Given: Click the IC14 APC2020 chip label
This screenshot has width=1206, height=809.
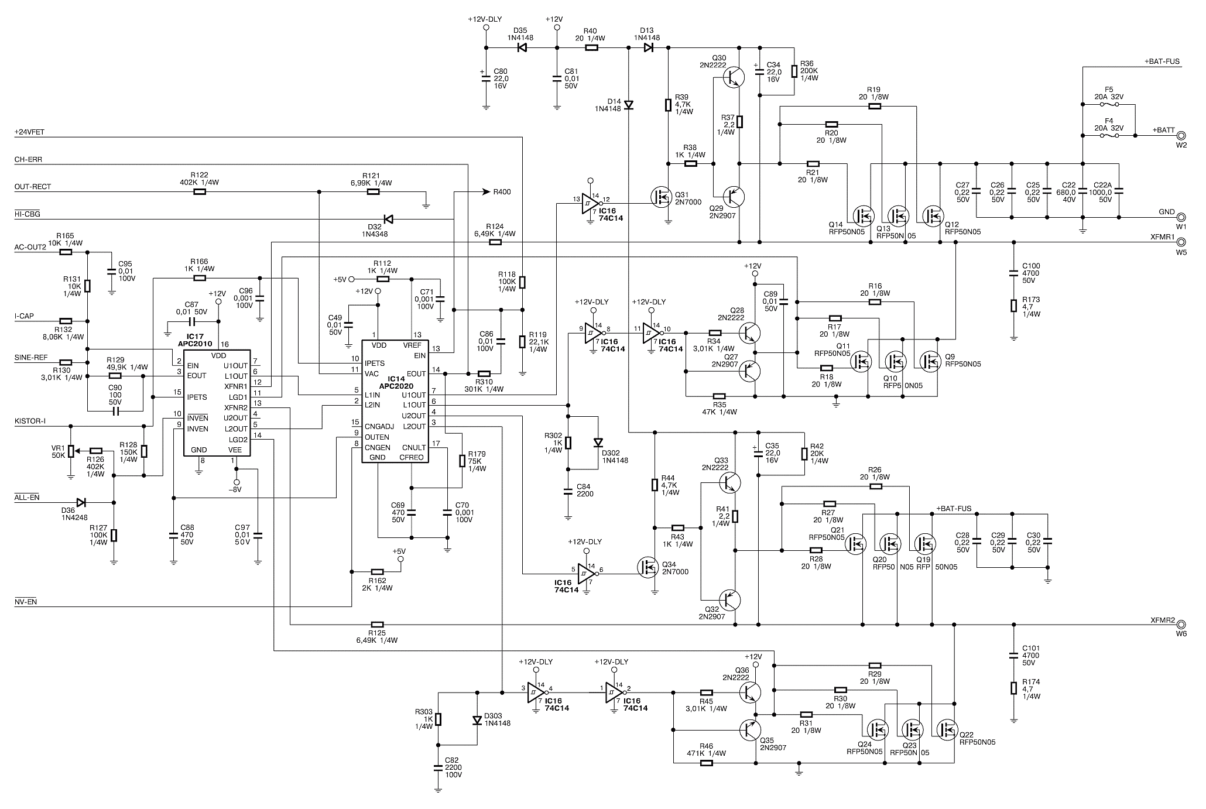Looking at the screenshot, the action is coord(396,383).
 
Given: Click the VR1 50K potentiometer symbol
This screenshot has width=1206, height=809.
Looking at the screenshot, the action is coord(71,451).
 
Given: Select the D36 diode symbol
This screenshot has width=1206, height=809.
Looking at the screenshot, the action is coord(81,502).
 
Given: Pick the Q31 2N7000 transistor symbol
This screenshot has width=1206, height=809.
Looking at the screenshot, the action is coord(663,197).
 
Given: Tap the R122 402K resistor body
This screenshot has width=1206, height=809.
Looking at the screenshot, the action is coord(200,191).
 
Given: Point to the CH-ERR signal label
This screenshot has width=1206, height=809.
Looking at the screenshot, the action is coord(28,159).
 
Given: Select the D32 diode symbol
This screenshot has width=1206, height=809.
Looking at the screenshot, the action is coord(388,220).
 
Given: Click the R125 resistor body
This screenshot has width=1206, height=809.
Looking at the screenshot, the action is coord(377,625).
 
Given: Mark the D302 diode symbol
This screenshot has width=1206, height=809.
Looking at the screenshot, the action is coord(598,443).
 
